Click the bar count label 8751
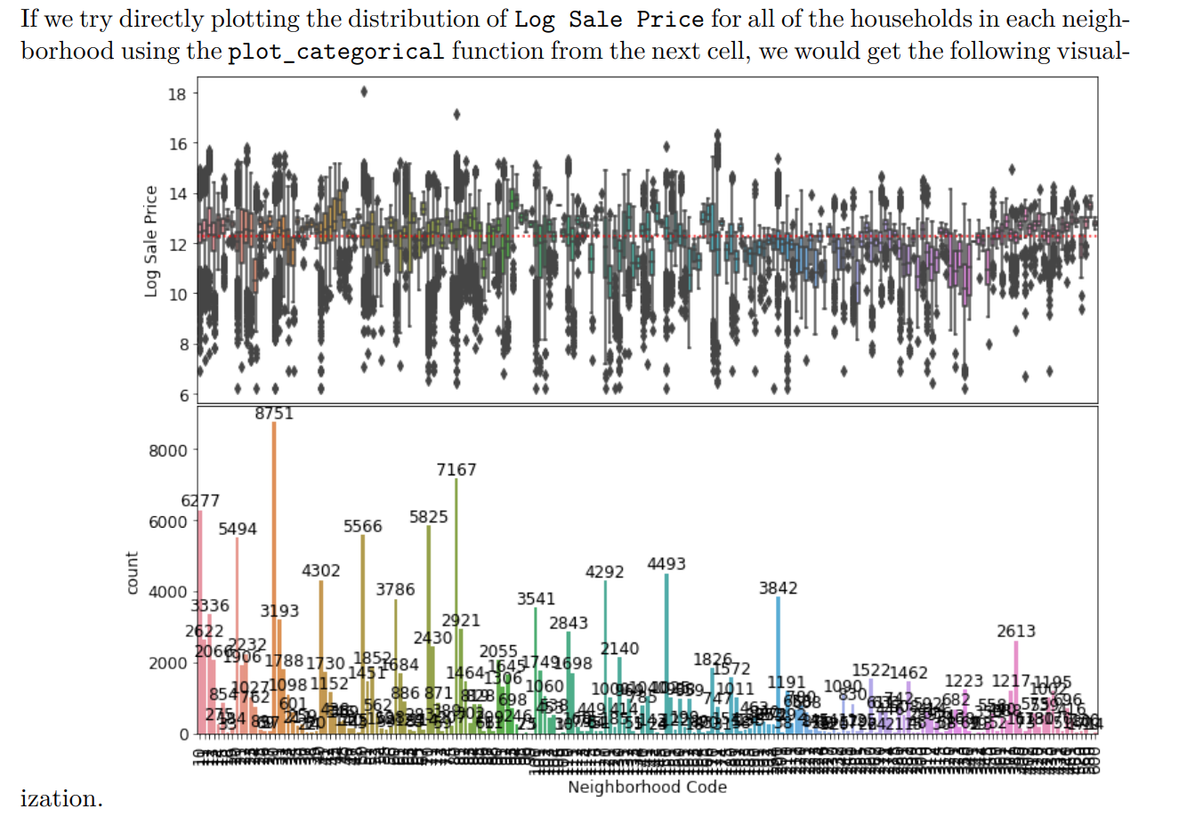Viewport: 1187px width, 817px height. [x=274, y=414]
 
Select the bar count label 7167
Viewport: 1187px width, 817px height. [x=456, y=469]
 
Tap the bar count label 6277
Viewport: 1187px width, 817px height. [x=200, y=501]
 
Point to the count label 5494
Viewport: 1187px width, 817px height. [x=238, y=529]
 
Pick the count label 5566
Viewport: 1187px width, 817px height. [x=363, y=526]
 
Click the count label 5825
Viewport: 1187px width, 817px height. [x=429, y=517]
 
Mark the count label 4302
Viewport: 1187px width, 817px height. [x=320, y=570]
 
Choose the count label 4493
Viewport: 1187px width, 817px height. [x=666, y=564]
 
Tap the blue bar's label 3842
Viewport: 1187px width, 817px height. [x=779, y=588]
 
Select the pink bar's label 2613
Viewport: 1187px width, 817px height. [x=1016, y=631]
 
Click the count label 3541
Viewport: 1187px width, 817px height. [x=536, y=599]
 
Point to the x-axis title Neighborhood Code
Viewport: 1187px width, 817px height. [x=647, y=788]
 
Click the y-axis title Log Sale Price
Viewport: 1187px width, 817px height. [x=151, y=240]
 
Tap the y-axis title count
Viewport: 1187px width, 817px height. [x=133, y=572]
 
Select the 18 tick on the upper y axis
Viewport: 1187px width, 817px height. [x=177, y=93]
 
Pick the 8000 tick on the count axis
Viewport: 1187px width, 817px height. [x=168, y=450]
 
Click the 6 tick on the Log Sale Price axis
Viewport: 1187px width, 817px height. [x=182, y=394]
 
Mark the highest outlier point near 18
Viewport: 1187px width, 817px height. [x=363, y=91]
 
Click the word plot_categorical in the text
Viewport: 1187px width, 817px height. [x=335, y=52]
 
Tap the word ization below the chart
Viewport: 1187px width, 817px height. [x=61, y=798]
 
